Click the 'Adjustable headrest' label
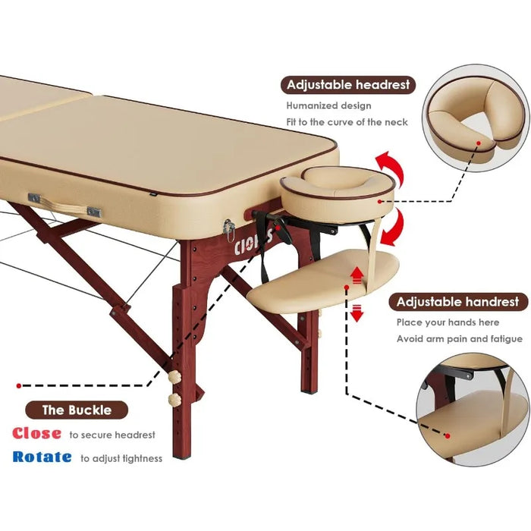pyautogui.click(x=347, y=85)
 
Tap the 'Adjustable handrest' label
pyautogui.click(x=459, y=302)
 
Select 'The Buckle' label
pyautogui.click(x=77, y=410)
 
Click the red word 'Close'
pyautogui.click(x=36, y=434)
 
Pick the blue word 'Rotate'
pyautogui.click(x=42, y=457)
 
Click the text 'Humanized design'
pyautogui.click(x=328, y=106)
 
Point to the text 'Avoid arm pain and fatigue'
pyautogui.click(x=460, y=339)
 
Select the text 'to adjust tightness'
pyautogui.click(x=121, y=458)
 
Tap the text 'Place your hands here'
pyautogui.click(x=448, y=322)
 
